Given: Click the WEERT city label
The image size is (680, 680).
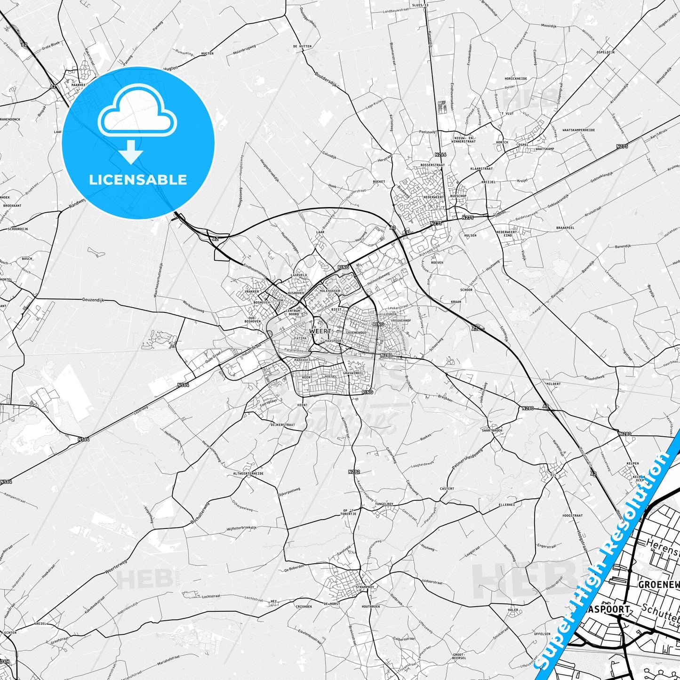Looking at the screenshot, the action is pyautogui.click(x=318, y=331).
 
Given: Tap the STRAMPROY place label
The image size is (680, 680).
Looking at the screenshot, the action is pyautogui.click(x=364, y=587).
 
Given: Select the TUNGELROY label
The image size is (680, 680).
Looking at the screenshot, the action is pyautogui.click(x=384, y=504).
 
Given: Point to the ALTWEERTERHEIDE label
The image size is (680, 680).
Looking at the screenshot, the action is pyautogui.click(x=248, y=473).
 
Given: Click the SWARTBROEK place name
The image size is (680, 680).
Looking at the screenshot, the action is pyautogui.click(x=492, y=430).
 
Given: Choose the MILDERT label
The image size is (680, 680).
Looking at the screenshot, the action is pyautogui.click(x=553, y=384).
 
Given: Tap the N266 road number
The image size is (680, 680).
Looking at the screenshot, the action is pyautogui.click(x=440, y=154).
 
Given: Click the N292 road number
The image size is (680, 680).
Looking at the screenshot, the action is pyautogui.click(x=354, y=472).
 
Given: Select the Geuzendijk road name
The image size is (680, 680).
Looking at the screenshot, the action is pyautogui.click(x=93, y=300).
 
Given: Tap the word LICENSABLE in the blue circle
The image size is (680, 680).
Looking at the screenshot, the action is pyautogui.click(x=138, y=179).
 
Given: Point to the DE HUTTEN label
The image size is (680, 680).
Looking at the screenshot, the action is pyautogui.click(x=302, y=47).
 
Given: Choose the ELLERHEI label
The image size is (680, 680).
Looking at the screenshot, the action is pyautogui.click(x=506, y=504).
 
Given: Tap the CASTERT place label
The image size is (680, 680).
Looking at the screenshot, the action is pyautogui.click(x=447, y=488).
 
